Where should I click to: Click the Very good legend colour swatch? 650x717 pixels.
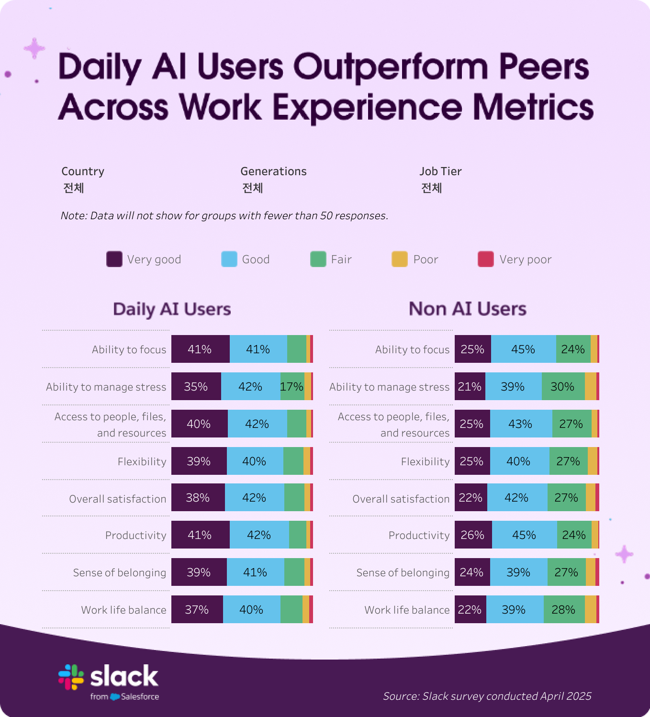coord(114,259)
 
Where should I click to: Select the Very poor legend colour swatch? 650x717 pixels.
coord(485,259)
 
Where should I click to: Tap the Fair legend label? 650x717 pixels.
coord(341,259)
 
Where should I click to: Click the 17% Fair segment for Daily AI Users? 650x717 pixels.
coord(292,386)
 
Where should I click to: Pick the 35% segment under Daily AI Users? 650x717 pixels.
coord(196,386)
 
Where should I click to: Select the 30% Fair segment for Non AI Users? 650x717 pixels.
coord(563,386)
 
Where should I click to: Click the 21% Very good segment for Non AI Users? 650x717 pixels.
coord(470,386)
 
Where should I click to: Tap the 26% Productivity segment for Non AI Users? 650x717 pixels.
coord(473,535)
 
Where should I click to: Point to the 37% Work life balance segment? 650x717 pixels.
coord(197,609)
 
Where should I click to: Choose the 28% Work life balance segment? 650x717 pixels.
coord(564,609)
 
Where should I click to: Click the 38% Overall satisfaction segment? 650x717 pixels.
coord(198,497)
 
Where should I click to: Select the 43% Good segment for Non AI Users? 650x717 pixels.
coord(521,424)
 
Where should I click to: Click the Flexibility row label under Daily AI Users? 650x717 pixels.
coord(142,461)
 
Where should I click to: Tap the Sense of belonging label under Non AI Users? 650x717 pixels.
coord(403,572)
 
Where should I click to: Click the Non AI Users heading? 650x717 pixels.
coord(467,309)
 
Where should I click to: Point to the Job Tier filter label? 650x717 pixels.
coord(440,171)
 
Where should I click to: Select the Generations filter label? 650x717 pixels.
coord(273,171)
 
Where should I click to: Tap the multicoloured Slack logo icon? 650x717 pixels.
coord(71,677)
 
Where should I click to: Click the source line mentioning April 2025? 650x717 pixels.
coord(487,696)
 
